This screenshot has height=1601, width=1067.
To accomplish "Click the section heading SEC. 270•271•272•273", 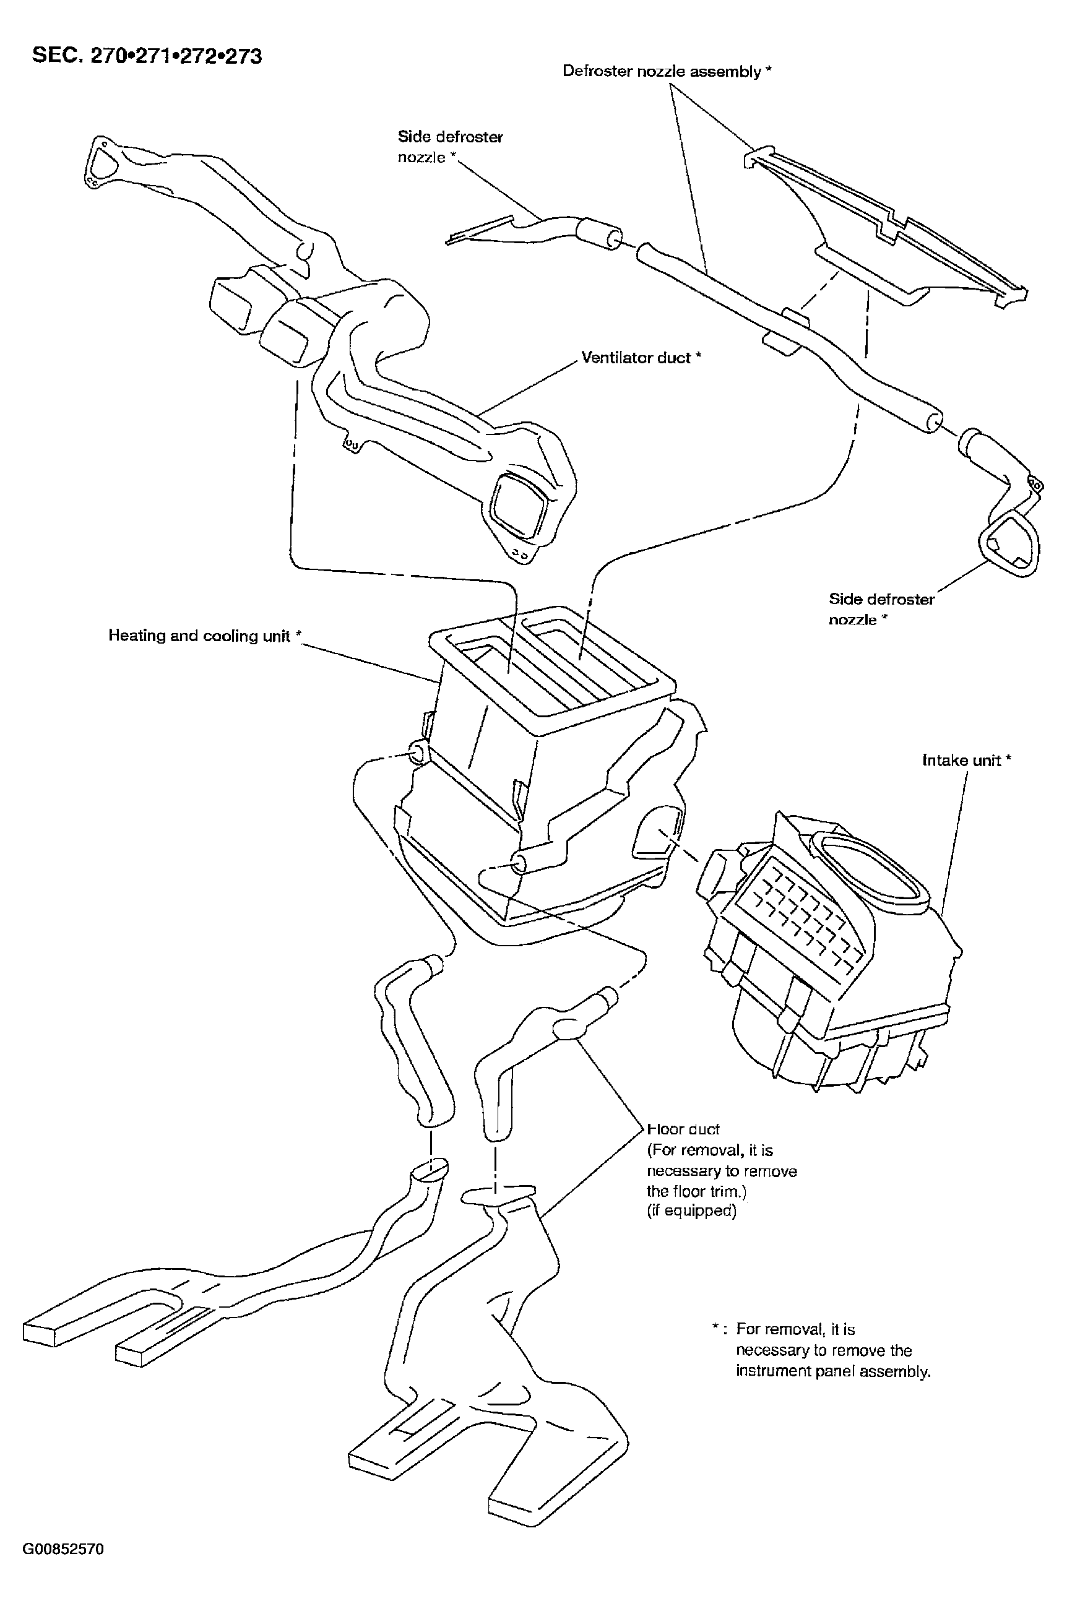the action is click(146, 55).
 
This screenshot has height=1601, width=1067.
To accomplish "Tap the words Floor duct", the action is click(683, 1129).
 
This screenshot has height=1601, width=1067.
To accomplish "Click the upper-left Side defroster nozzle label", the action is click(450, 147).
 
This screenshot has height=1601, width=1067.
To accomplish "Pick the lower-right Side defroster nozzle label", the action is click(881, 609).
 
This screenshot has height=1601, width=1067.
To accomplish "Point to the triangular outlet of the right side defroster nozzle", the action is click(1009, 545).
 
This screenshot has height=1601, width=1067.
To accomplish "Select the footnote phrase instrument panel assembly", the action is click(833, 1371).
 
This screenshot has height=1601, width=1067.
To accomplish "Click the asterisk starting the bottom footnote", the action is click(716, 1327).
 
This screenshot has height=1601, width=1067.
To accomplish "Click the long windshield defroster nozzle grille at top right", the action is click(884, 225).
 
